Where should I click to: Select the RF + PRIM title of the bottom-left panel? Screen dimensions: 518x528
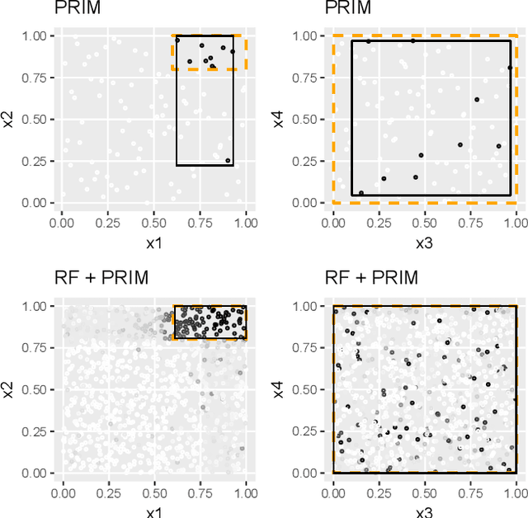(x=101, y=278)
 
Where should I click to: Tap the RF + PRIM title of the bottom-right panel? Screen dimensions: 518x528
(x=372, y=278)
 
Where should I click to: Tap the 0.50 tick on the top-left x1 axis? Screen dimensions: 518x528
(x=153, y=221)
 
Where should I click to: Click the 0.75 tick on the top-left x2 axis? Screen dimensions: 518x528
(x=34, y=78)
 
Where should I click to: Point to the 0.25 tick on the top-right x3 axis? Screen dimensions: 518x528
(x=379, y=221)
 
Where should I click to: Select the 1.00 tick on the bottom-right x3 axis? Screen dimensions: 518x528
(x=516, y=492)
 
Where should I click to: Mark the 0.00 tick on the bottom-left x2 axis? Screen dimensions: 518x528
(x=34, y=473)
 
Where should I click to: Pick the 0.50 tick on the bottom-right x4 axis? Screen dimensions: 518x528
(x=305, y=389)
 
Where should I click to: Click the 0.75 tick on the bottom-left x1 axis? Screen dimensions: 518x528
(x=200, y=492)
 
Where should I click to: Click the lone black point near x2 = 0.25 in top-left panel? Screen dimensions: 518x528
(x=229, y=161)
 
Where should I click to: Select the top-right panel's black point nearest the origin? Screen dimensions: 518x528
(x=361, y=193)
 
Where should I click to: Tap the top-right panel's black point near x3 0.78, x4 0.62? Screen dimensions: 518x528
(x=477, y=99)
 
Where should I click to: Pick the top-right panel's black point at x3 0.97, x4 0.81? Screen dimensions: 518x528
(x=510, y=68)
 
